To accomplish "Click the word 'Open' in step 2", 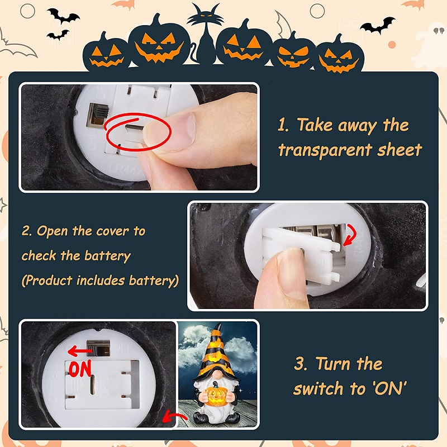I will (57, 231).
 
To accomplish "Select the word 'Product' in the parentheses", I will (51, 280).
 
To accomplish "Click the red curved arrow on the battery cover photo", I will (350, 234).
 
